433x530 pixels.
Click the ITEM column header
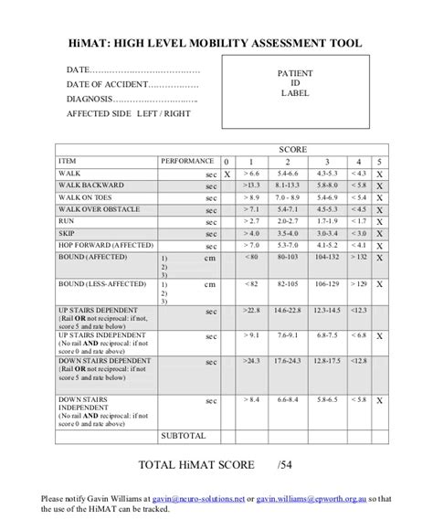click(68, 160)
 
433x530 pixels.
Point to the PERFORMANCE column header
click(187, 160)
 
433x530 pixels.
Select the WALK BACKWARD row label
click(90, 185)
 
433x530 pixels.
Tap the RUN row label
click(67, 221)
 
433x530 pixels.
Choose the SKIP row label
click(67, 233)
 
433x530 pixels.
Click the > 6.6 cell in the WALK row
click(252, 173)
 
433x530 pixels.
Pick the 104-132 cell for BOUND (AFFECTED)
click(326, 257)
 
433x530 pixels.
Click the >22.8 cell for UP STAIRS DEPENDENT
click(252, 313)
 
